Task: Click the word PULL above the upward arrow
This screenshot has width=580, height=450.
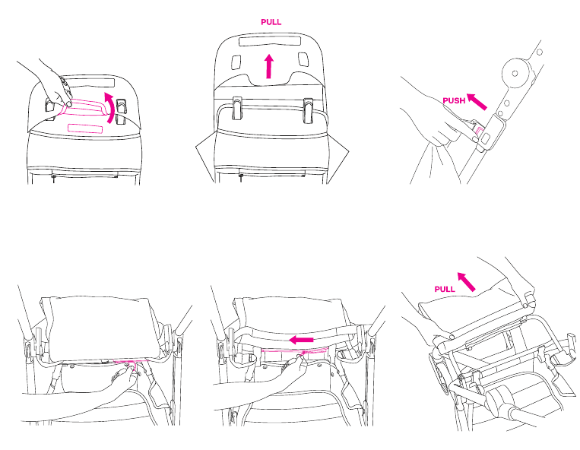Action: coord(271,22)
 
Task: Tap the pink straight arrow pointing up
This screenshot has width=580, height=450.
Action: coord(269,66)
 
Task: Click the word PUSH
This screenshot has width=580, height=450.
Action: coord(454,100)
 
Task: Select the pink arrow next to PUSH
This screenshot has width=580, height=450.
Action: coord(477,102)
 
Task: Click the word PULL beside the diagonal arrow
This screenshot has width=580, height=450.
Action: coord(445,289)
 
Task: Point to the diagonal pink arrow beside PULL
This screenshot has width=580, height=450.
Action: coord(466,282)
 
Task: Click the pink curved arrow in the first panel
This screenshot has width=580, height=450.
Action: coord(110,107)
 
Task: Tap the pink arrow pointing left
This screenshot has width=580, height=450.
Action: coord(301,340)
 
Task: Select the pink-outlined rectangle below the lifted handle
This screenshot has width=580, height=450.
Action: coord(85,128)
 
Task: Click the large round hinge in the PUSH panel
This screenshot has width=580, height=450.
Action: coord(515,73)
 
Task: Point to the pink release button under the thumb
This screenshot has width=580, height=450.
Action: coord(480,132)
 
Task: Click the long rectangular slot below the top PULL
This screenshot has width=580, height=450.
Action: coord(269,41)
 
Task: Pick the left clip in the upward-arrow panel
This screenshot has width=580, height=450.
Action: coord(236,108)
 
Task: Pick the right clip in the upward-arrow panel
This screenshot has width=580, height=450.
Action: coord(308,109)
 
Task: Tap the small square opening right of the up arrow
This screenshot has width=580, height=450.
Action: coord(303,59)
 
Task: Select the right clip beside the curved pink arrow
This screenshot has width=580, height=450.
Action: coord(121,111)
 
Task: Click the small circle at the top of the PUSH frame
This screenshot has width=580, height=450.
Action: coord(540,52)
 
